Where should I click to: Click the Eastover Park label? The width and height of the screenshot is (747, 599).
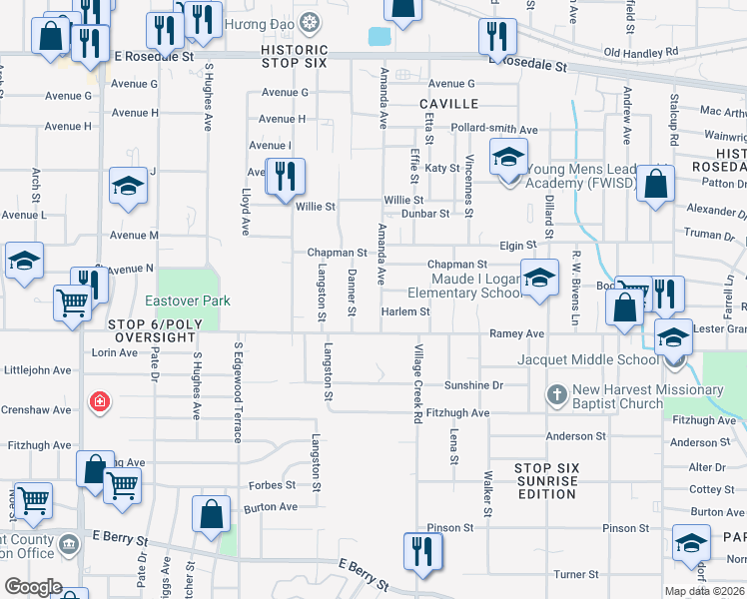tap(187, 300)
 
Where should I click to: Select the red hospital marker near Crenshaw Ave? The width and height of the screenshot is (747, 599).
tap(99, 402)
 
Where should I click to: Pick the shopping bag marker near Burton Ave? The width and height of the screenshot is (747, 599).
tap(212, 515)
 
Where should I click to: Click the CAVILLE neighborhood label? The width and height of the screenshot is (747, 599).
tap(449, 104)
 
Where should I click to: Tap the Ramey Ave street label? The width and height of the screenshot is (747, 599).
tap(516, 333)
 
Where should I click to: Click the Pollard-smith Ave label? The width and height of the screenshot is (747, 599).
tap(493, 130)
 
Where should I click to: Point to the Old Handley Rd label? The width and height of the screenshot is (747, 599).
tap(640, 52)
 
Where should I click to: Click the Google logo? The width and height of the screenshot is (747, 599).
tap(33, 588)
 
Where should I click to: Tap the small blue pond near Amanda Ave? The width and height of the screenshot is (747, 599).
tap(379, 37)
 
